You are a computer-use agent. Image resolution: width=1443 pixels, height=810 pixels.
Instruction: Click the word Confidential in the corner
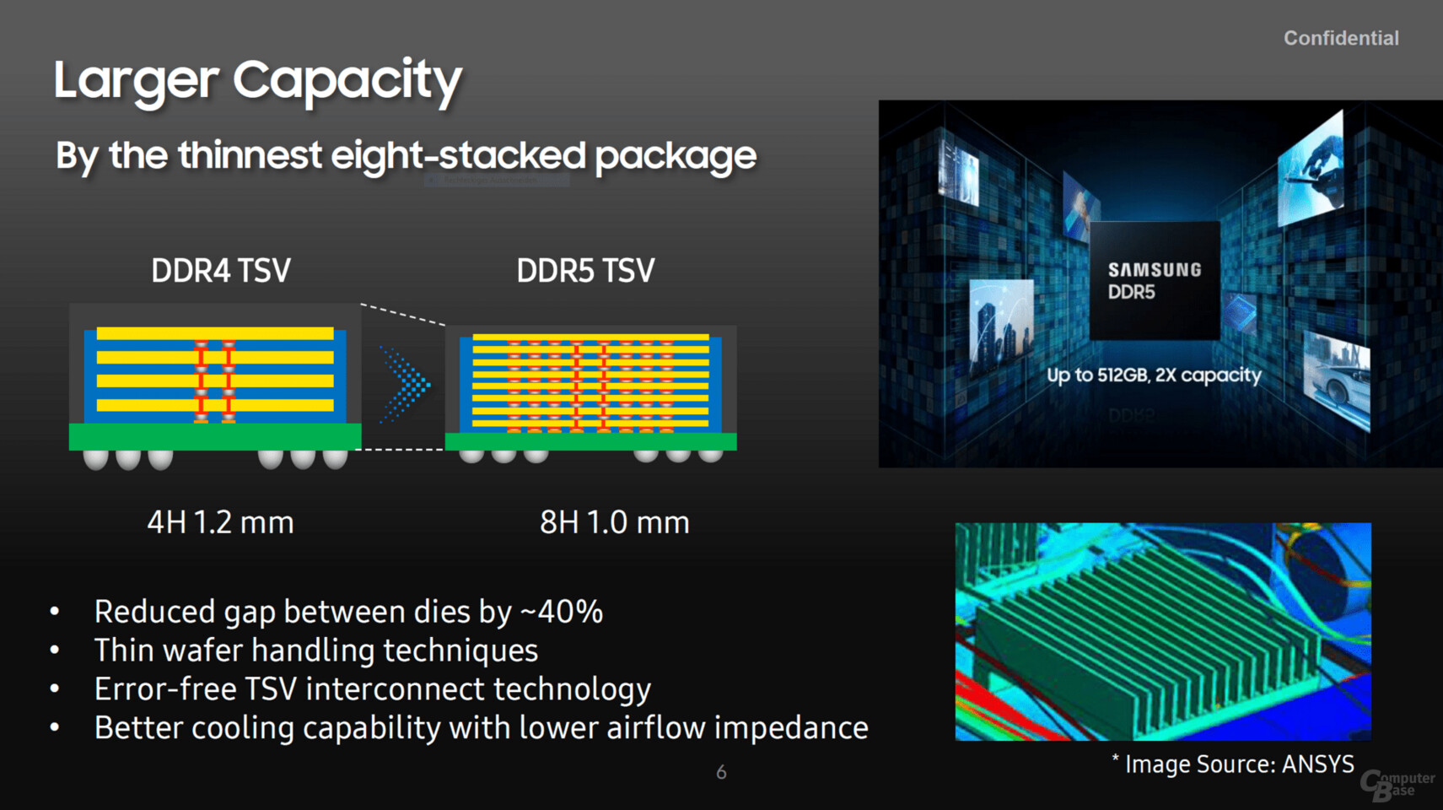[x=1341, y=38]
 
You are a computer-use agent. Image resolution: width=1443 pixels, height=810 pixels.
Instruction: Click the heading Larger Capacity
[x=258, y=81]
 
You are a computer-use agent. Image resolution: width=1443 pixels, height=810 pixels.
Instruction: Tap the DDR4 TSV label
[x=221, y=270]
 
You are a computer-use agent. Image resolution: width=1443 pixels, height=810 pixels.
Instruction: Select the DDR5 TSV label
[x=585, y=270]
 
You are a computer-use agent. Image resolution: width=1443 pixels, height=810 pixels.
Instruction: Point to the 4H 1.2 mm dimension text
[x=220, y=522]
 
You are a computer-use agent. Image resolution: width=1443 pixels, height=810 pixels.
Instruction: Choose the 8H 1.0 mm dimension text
[x=615, y=522]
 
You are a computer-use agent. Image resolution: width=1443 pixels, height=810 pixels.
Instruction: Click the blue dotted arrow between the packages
[x=405, y=385]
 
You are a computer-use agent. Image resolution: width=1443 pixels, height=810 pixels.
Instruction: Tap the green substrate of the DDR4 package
[x=215, y=436]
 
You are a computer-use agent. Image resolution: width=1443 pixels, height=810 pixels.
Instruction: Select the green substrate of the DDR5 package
[x=590, y=441]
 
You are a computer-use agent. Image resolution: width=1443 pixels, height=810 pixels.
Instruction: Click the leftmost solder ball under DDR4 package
[x=96, y=459]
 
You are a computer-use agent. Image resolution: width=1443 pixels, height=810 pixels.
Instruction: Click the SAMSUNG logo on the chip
[x=1155, y=270]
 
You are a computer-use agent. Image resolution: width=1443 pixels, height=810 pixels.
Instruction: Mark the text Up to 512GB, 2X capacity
[x=1154, y=375]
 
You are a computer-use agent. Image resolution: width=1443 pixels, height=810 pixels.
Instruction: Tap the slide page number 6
[x=722, y=772]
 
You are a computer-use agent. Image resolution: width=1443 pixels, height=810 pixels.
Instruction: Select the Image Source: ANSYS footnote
[x=1233, y=764]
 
